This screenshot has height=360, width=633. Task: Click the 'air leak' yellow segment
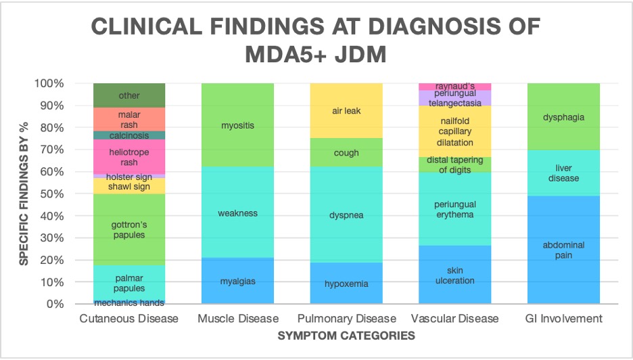[x=346, y=110]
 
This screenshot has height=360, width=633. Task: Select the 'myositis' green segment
[x=237, y=125]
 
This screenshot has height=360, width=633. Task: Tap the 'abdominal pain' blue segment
[x=563, y=250]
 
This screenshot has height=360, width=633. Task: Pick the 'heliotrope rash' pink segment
[x=129, y=157]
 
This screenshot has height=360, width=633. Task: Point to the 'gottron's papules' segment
[x=129, y=229]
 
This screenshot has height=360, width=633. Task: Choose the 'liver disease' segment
[x=563, y=173]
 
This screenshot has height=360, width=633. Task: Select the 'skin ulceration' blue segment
[x=454, y=275]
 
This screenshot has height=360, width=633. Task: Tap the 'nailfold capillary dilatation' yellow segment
[x=454, y=131]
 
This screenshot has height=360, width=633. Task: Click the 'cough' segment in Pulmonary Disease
[x=346, y=152]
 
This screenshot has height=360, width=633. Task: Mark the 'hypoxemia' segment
[x=346, y=284]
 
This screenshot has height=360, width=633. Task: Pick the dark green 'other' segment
[x=129, y=95]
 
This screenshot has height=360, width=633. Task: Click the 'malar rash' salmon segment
[x=129, y=119]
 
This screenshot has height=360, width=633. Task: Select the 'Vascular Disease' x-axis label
[x=454, y=318]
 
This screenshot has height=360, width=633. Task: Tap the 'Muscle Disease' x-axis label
[x=237, y=318]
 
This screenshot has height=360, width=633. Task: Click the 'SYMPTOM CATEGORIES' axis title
[x=347, y=335]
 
